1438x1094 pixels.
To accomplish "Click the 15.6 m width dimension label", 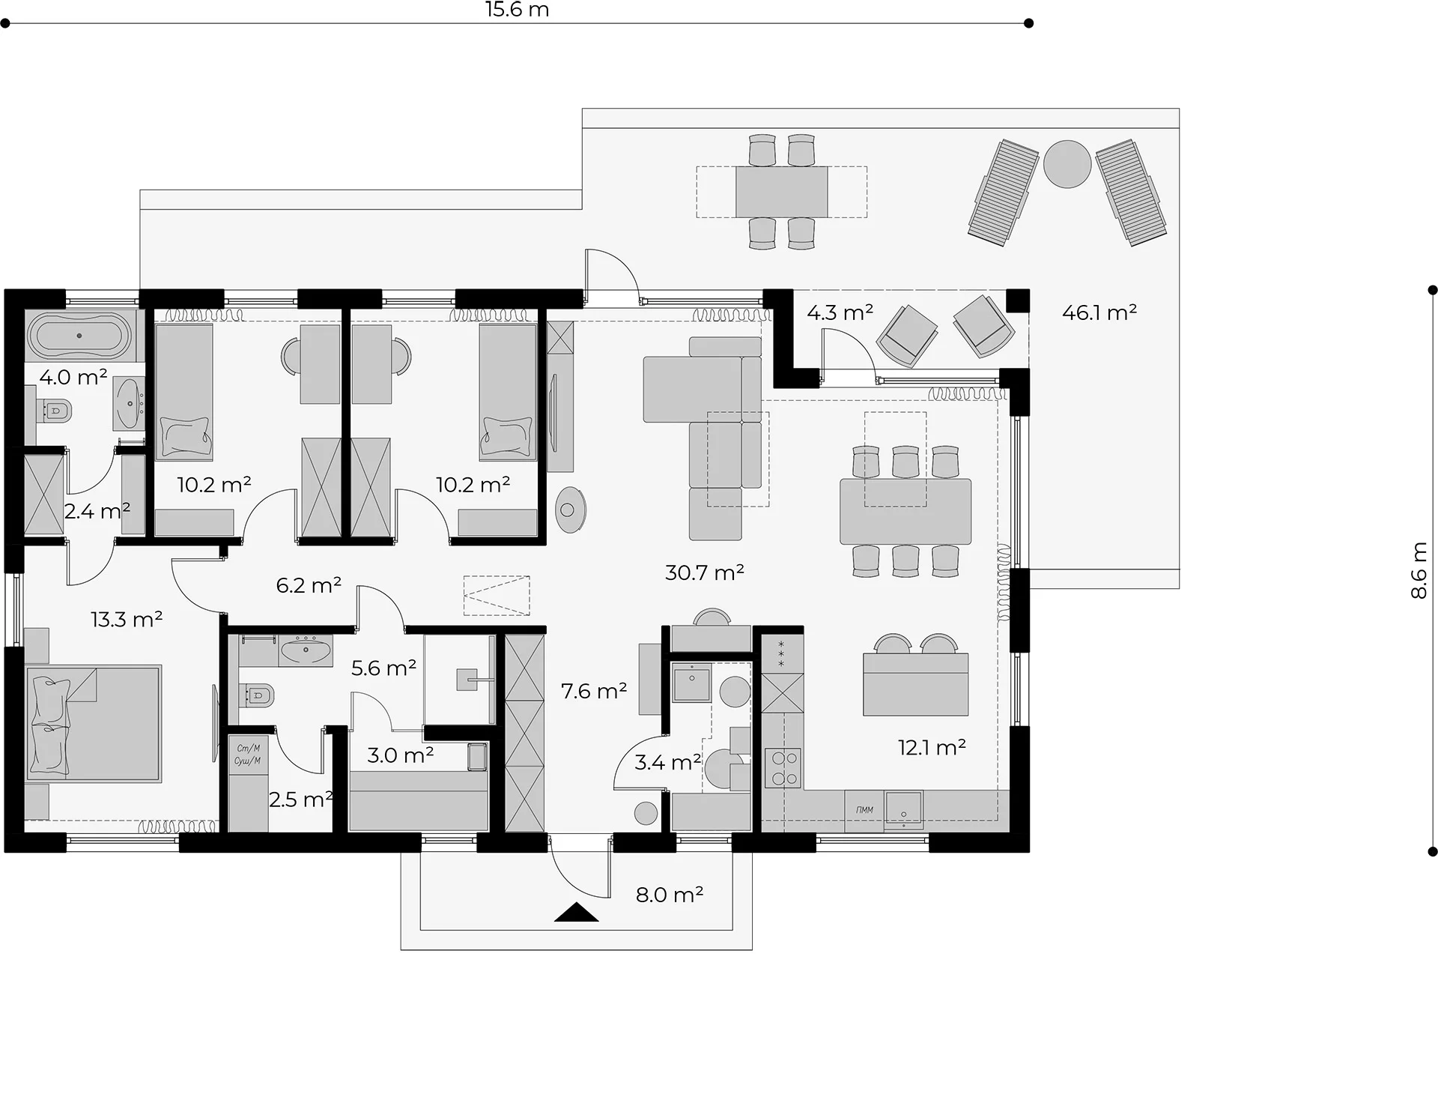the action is (x=517, y=10).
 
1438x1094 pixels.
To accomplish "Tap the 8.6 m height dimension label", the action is (x=1419, y=571).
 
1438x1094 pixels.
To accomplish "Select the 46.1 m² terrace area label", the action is (x=1099, y=312).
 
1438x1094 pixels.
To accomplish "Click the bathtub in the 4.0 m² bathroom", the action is (x=79, y=336).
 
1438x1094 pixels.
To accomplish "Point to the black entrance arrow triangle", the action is (x=576, y=912).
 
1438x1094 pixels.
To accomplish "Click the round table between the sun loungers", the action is (x=1067, y=164).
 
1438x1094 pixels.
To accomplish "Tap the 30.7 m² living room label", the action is (x=705, y=572).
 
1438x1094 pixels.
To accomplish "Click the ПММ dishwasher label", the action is (x=864, y=810).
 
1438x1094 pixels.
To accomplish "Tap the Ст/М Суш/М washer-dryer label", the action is (x=248, y=754).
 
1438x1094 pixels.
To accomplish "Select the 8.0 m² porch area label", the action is (x=670, y=895).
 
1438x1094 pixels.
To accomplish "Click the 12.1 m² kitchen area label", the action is (x=932, y=747).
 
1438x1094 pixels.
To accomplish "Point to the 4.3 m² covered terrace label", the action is (x=840, y=312).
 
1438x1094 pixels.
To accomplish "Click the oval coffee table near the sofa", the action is (x=571, y=510).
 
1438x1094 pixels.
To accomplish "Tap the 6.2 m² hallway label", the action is (x=309, y=585).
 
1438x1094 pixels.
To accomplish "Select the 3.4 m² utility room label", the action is (x=668, y=763).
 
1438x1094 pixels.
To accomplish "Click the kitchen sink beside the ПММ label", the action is (x=903, y=809).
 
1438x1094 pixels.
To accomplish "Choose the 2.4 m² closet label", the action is (x=97, y=511).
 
